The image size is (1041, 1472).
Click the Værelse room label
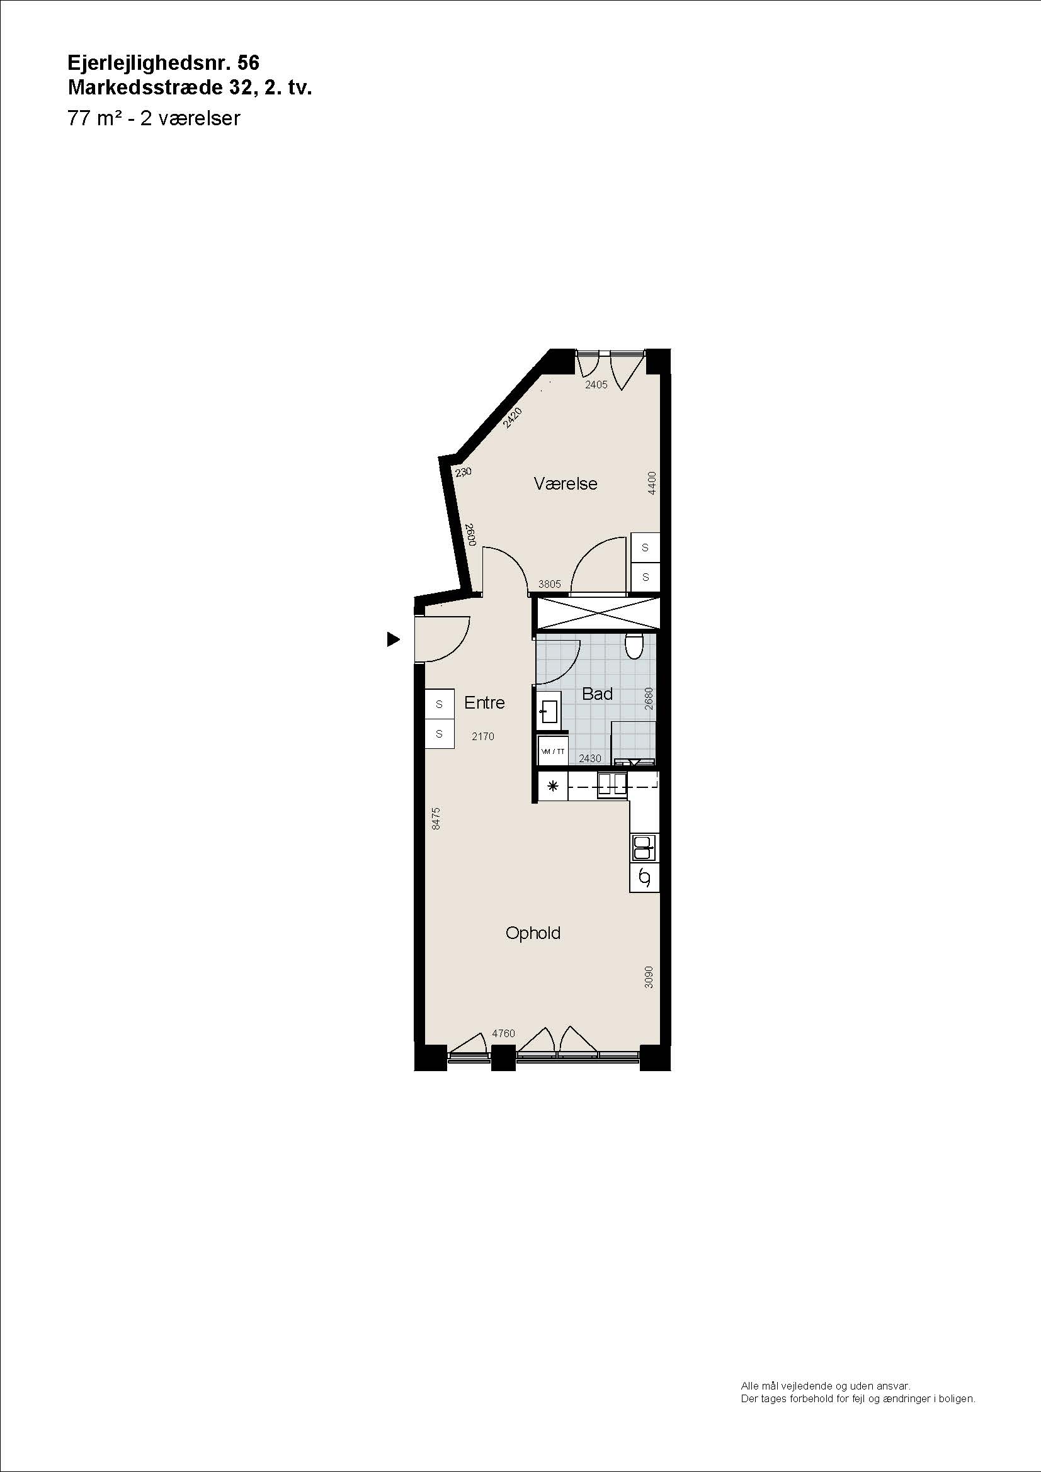(x=565, y=483)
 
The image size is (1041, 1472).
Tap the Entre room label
(x=484, y=703)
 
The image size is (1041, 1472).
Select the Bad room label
(x=597, y=694)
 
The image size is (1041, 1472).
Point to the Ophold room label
(x=532, y=933)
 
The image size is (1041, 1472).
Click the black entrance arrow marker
(x=393, y=639)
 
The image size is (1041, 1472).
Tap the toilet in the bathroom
(x=634, y=646)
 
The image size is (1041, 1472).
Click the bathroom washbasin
(x=549, y=711)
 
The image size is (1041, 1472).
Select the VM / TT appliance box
(x=553, y=751)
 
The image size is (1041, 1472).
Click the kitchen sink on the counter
(x=644, y=848)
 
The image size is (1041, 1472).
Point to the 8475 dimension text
(x=436, y=819)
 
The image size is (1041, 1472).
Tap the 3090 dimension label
(x=649, y=977)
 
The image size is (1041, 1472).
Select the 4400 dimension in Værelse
(x=652, y=483)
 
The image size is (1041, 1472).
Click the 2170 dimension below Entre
(x=483, y=737)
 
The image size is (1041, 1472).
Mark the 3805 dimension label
(x=550, y=584)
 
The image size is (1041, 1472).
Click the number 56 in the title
(x=248, y=62)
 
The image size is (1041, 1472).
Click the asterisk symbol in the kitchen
(x=553, y=786)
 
